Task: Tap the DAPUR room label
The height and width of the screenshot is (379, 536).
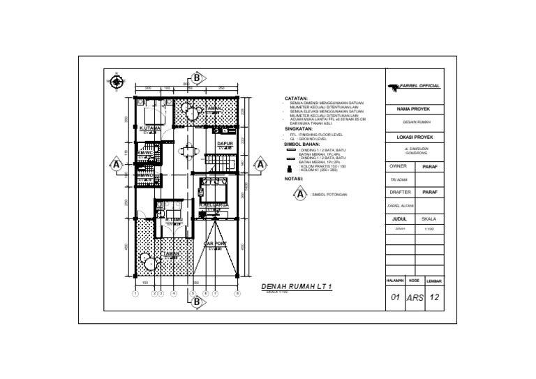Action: coord(224,145)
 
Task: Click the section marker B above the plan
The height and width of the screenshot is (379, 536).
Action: coord(197,78)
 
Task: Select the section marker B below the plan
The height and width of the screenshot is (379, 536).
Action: coord(197,302)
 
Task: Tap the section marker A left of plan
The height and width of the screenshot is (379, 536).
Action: coord(115,165)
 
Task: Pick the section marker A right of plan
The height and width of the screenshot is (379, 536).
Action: coord(260,165)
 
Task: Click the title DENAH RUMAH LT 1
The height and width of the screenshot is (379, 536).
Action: coord(297,287)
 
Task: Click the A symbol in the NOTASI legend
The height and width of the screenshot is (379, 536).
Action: coord(299,195)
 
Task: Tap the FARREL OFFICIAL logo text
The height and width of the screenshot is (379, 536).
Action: coord(422,86)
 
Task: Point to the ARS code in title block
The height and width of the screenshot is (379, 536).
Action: coord(415,298)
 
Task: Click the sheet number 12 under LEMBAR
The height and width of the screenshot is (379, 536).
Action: coord(436,298)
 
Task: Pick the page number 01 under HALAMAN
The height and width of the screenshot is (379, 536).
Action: coord(394,298)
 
